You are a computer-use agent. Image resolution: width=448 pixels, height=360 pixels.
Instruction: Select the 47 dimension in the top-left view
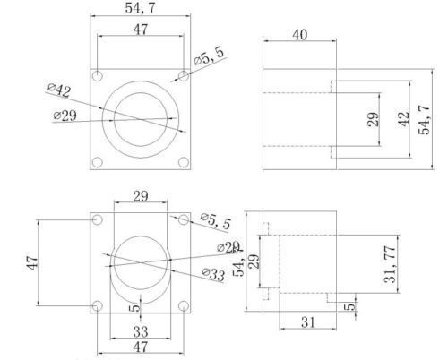tap(140, 30)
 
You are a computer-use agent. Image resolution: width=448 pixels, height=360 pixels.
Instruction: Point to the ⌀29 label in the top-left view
tap(65, 116)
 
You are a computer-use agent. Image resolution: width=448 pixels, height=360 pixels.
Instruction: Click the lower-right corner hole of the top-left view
tap(183, 162)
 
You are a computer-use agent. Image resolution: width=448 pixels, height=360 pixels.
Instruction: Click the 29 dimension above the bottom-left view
tap(140, 196)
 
